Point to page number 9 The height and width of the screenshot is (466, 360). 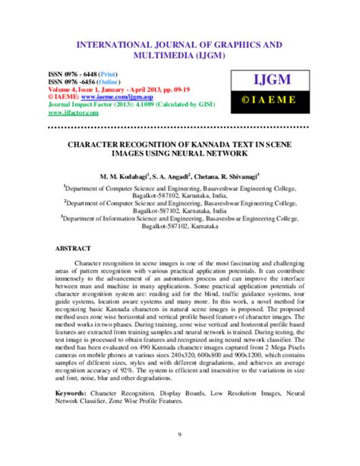pyautogui.click(x=179, y=435)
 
